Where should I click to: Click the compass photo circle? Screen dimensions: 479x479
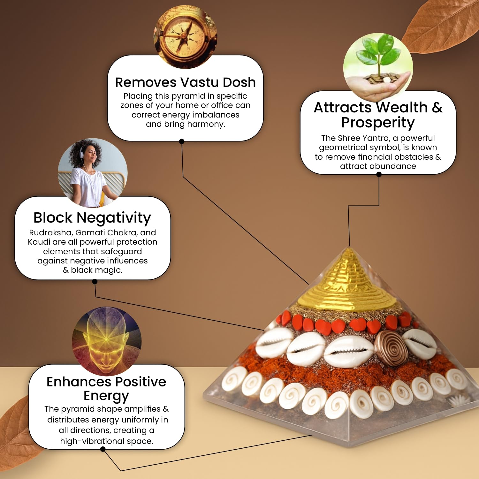[x=186, y=37]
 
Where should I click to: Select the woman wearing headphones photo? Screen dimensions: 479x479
[x=93, y=173]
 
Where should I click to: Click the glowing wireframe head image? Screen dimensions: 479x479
[x=107, y=341]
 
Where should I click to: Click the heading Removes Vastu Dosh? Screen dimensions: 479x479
[x=186, y=82]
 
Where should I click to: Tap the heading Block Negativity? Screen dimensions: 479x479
[x=92, y=218]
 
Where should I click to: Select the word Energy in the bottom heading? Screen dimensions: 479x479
[x=106, y=396]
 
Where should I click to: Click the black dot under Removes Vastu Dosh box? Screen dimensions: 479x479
[x=182, y=141]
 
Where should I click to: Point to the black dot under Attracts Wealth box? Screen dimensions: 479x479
[x=379, y=174]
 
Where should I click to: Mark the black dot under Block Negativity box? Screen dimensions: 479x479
[x=95, y=281]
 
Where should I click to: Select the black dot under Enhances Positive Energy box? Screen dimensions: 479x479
[x=103, y=449]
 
